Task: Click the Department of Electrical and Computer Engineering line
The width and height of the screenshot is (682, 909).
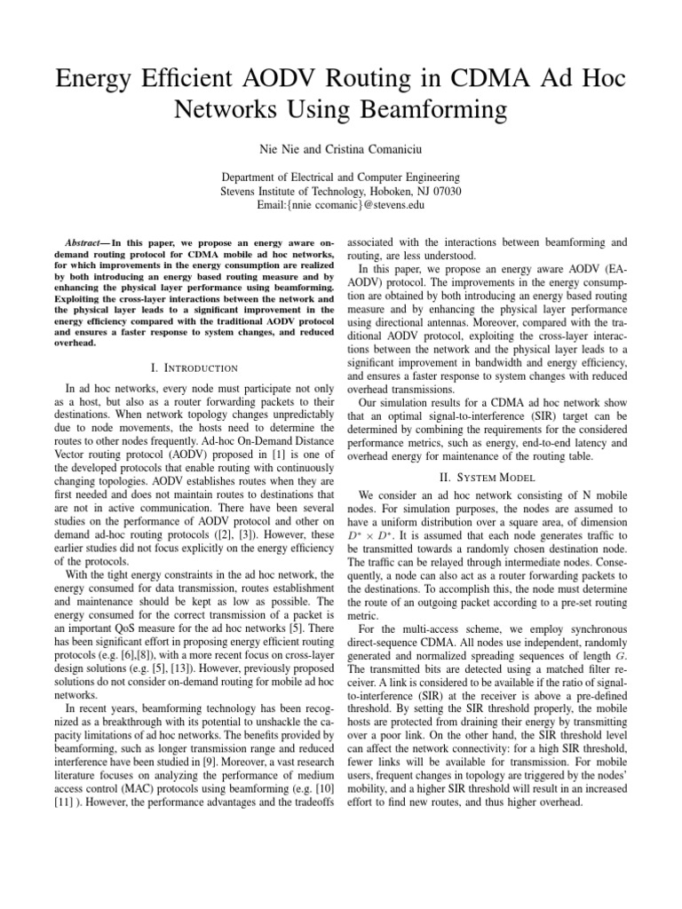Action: click(340, 177)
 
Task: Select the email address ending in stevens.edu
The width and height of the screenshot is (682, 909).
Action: click(340, 205)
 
